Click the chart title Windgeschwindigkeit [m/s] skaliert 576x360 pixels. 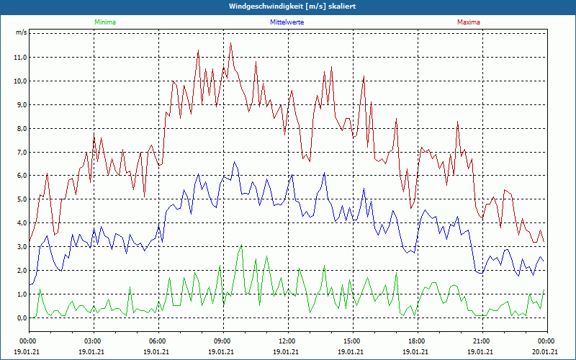click(288, 6)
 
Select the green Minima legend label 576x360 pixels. click(104, 22)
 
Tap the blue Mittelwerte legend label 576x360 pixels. click(287, 22)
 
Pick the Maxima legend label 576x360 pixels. click(468, 22)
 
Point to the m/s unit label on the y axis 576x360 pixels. click(21, 33)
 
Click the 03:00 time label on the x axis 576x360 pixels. click(93, 341)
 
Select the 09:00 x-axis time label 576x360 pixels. click(222, 341)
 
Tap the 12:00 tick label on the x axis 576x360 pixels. click(287, 341)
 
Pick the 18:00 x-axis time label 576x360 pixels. click(417, 341)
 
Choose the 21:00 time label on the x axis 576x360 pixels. click(482, 341)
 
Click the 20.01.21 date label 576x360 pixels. click(546, 352)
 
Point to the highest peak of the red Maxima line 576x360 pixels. click(231, 43)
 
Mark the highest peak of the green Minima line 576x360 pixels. click(241, 246)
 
